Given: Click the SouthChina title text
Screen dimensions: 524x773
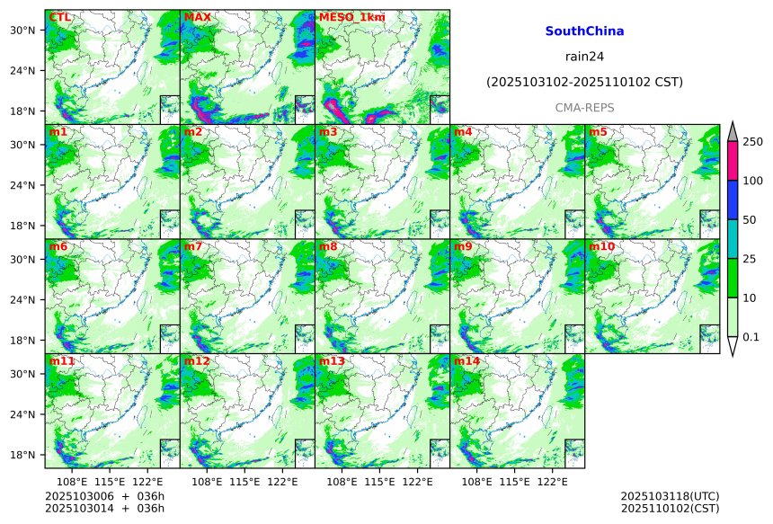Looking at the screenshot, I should (584, 31).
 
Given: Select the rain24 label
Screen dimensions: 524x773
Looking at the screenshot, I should (584, 56).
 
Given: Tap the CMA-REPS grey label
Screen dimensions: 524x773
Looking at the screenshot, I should (584, 107).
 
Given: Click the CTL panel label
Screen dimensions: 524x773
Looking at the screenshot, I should (60, 17).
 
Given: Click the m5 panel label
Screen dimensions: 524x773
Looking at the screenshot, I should (598, 132).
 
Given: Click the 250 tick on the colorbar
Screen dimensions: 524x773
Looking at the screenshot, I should (752, 142).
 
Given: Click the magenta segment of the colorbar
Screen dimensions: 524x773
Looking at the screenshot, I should (732, 161).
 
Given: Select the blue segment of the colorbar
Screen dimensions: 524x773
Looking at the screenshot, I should (732, 200).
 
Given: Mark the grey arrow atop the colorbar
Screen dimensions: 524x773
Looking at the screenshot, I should (732, 131).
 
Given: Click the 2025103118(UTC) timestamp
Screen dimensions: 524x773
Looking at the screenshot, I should (670, 496).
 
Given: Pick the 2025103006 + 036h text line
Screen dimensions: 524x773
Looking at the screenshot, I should (104, 496).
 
